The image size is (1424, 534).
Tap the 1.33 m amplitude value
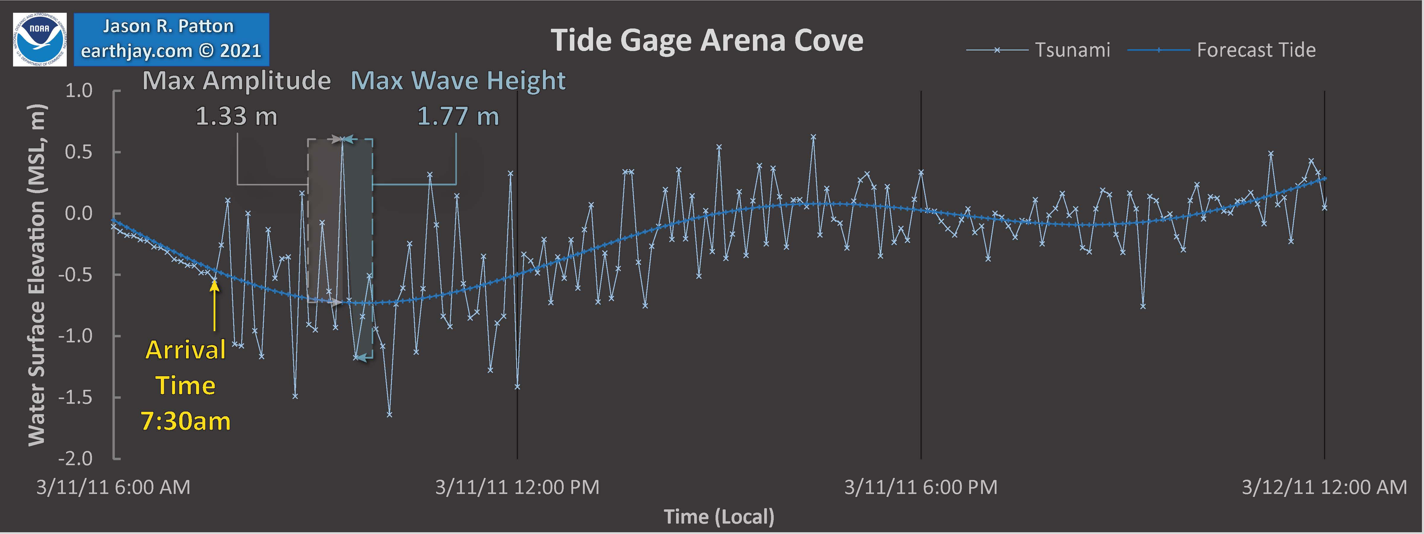coord(237,116)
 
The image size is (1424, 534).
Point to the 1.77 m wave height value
coord(458,116)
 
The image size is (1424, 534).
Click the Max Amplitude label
coord(237,81)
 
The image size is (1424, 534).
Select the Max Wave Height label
coord(458,81)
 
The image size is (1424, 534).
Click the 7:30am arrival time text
coord(186,421)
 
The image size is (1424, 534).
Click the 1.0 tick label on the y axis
coord(79,91)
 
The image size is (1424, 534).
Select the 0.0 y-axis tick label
coord(79,213)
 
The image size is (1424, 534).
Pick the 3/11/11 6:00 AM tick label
coord(113,487)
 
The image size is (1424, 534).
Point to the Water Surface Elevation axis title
coord(36,275)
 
